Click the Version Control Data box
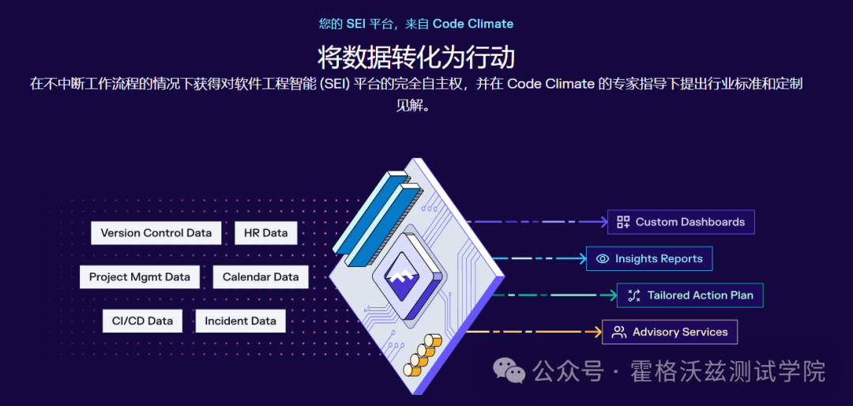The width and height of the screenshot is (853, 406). [x=156, y=233]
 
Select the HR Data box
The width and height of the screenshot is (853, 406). [x=265, y=233]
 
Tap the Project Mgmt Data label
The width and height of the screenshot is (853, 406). [x=140, y=277]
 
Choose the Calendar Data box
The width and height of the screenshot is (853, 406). [x=261, y=277]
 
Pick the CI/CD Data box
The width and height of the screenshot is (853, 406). [x=142, y=321]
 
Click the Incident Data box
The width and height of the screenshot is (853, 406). [x=240, y=321]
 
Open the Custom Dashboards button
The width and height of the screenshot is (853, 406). [x=681, y=222]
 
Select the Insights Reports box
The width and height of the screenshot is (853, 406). [x=649, y=258]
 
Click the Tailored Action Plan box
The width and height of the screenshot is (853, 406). [x=690, y=295]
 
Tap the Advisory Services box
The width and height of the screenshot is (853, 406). [x=670, y=332]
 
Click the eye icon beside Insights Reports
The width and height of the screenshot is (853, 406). [x=603, y=258]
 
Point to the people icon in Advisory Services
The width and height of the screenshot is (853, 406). [x=619, y=332]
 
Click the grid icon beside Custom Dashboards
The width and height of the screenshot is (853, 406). [x=623, y=222]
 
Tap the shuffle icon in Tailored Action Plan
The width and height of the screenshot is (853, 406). [x=633, y=295]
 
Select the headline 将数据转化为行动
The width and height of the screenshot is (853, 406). [x=416, y=57]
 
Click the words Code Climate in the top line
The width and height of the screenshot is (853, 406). [x=473, y=24]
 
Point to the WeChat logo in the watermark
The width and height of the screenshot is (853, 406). [x=509, y=370]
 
